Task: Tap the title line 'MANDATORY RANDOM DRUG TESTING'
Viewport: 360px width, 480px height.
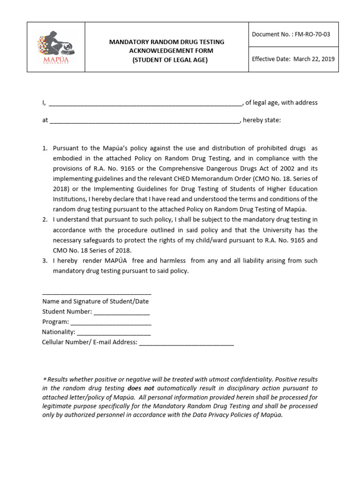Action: (x=166, y=42)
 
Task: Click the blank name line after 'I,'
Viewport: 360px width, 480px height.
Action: (x=145, y=104)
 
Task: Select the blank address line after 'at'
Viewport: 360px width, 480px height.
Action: (x=144, y=121)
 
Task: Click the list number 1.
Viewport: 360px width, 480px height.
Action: (x=45, y=148)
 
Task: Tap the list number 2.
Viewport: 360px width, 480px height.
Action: (x=45, y=219)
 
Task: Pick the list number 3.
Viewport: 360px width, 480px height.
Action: (x=45, y=261)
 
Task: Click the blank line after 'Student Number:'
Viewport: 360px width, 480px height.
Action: (x=121, y=313)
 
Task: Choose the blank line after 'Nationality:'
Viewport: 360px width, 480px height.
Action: (x=113, y=333)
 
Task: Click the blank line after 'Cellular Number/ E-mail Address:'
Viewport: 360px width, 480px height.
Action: (x=186, y=344)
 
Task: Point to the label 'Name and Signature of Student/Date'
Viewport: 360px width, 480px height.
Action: (x=95, y=301)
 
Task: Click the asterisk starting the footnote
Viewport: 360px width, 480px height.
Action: (x=45, y=379)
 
